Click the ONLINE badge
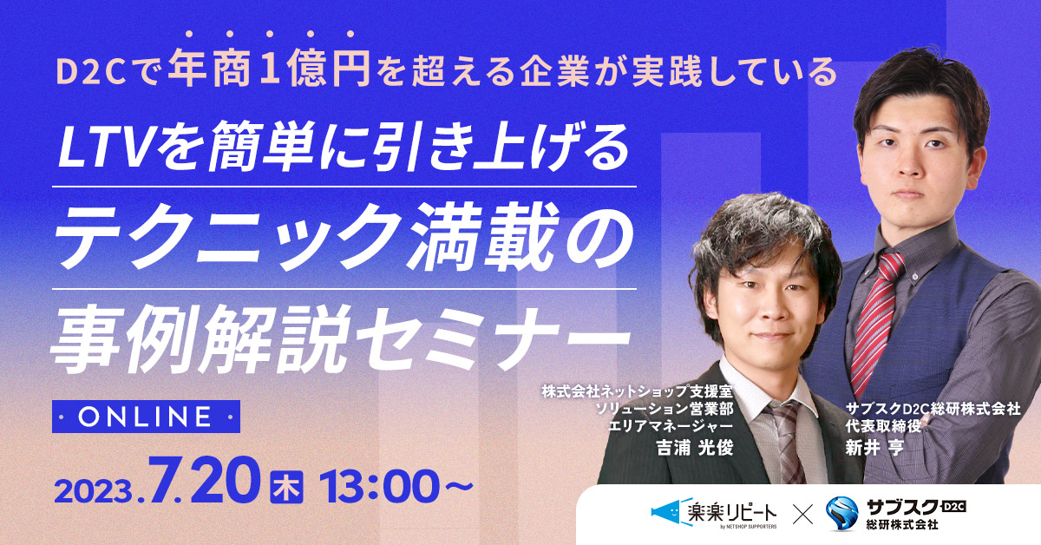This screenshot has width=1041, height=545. click(x=146, y=417)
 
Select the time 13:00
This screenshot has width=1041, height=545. click(x=379, y=487)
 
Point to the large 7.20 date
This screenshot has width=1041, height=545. click(x=204, y=482)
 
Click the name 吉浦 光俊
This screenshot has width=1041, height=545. click(x=694, y=447)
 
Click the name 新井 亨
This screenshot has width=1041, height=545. click(x=874, y=447)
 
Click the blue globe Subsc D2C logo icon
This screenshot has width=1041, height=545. click(x=841, y=514)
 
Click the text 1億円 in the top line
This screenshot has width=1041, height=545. click(x=316, y=68)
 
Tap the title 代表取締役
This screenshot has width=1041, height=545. click(x=883, y=426)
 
